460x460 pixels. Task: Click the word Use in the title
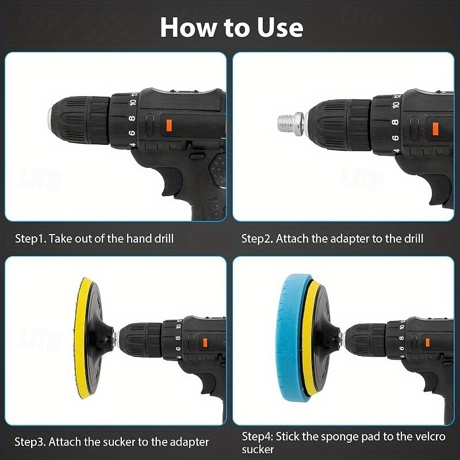point(280,28)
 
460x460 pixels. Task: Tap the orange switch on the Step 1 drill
point(168,125)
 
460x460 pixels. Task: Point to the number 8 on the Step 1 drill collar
point(132,118)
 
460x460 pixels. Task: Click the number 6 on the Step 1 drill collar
point(132,133)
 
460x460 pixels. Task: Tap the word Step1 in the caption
point(31,239)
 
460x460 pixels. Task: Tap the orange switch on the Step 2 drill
point(435,129)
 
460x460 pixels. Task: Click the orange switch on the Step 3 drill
point(205,342)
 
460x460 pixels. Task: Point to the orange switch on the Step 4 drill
point(427,342)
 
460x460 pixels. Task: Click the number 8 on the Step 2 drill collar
point(395,122)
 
